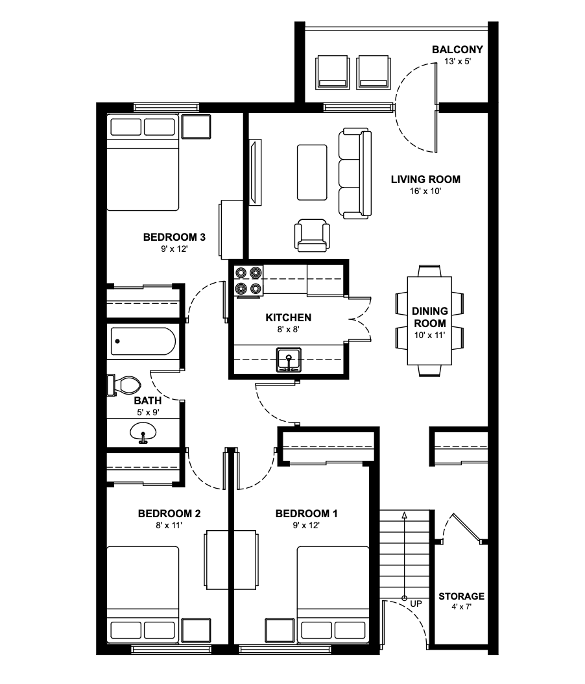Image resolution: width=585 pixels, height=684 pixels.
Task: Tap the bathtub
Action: tap(143, 341)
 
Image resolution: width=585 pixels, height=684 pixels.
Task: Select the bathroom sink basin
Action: tap(143, 432)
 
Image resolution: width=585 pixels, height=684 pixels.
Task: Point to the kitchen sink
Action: tap(289, 360)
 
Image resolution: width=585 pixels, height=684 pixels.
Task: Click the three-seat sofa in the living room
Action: tap(355, 173)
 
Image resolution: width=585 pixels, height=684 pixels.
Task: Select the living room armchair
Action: tap(312, 236)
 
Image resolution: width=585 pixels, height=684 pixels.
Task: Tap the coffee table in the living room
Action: tap(312, 173)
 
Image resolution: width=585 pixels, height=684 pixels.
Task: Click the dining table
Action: tap(429, 321)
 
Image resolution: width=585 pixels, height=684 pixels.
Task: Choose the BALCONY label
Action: tap(457, 49)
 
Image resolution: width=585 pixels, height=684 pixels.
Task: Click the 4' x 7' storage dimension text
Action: tap(461, 607)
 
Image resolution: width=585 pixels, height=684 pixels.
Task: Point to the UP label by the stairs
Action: tap(416, 604)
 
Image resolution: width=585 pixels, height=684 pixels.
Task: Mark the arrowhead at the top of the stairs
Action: tap(405, 515)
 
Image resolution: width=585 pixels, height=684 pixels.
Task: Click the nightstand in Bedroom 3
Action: tap(196, 127)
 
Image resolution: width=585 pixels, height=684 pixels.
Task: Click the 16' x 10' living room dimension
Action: tap(425, 191)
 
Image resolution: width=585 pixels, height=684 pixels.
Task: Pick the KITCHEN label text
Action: tap(289, 317)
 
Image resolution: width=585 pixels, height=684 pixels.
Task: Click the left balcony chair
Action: tap(332, 72)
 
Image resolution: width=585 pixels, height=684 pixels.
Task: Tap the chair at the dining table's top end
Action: tap(429, 271)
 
